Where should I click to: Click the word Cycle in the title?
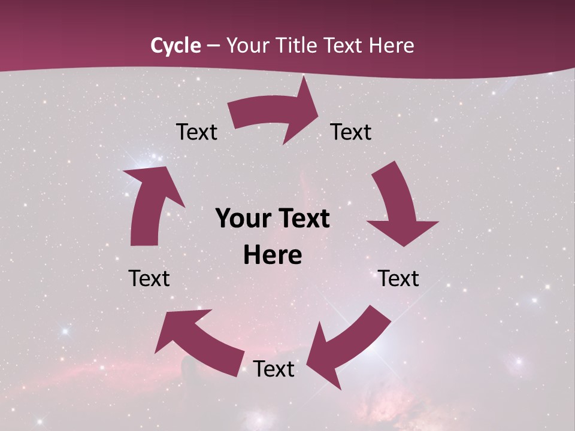[x=175, y=45]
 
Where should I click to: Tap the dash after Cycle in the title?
[x=213, y=46]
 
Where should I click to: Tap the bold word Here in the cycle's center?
[x=273, y=255]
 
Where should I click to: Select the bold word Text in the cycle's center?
[x=303, y=218]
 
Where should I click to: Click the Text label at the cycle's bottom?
[x=274, y=369]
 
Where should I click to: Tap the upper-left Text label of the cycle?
[x=196, y=132]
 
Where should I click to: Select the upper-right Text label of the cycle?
[x=351, y=132]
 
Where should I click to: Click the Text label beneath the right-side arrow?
[x=398, y=278]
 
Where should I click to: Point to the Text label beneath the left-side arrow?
[x=149, y=278]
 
